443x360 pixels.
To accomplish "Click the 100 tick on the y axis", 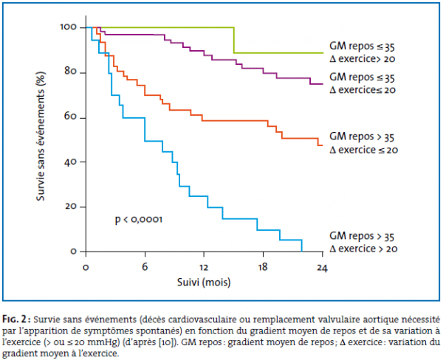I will pos(69,27).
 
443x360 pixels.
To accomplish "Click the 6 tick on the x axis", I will pos(145,266).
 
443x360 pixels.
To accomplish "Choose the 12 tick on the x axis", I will pos(204,266).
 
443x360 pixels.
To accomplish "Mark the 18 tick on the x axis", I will pos(263,266).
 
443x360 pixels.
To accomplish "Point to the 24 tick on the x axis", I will pos(322,266).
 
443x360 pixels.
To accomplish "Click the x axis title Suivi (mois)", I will pos(204,283).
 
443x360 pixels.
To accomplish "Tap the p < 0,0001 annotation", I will pos(138,219).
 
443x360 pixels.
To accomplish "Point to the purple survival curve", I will pos(251,68).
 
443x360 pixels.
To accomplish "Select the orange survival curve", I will pos(221,120).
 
